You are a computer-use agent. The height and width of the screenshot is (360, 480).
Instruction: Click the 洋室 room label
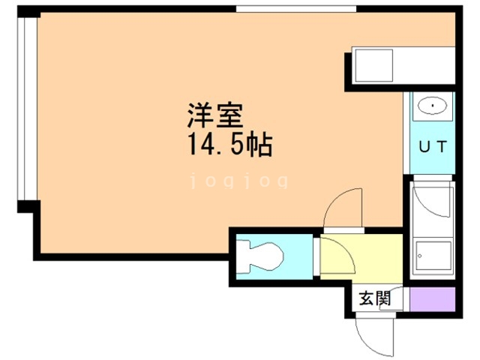215,115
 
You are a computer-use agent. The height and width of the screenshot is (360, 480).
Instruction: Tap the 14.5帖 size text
230,145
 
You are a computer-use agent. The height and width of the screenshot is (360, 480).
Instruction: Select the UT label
433,147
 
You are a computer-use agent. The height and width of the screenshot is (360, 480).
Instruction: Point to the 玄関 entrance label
375,298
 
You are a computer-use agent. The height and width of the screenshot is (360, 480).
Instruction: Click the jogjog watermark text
239,181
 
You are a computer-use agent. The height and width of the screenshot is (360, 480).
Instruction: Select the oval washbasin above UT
432,106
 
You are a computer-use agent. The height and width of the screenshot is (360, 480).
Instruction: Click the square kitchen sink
373,65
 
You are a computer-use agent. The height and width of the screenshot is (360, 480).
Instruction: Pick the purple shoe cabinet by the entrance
432,299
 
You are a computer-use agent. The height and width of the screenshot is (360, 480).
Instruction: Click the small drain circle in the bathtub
420,256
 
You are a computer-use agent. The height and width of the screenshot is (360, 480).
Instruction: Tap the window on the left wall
27,109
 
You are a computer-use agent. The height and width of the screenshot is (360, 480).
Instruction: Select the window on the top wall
296,9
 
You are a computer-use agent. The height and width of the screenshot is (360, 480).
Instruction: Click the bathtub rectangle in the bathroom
433,256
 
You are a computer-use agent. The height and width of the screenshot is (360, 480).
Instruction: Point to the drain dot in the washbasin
433,106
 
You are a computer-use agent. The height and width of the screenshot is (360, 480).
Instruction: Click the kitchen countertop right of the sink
424,65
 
